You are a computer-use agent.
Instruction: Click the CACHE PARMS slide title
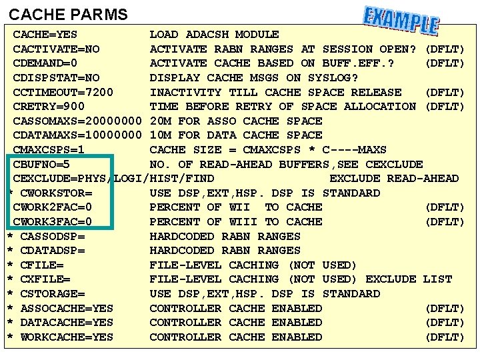click(x=68, y=14)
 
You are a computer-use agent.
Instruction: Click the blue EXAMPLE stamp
click(x=401, y=21)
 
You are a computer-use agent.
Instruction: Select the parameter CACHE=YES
click(x=45, y=34)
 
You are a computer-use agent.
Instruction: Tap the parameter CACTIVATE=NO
click(x=57, y=49)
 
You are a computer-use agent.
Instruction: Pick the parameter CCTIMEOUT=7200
click(x=63, y=92)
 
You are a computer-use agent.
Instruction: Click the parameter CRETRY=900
click(x=49, y=107)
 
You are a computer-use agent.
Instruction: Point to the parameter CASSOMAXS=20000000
click(x=78, y=121)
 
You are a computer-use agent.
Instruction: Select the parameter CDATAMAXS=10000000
click(x=78, y=135)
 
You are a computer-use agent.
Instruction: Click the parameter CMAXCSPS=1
click(x=49, y=150)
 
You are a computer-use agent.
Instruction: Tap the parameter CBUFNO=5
click(x=42, y=164)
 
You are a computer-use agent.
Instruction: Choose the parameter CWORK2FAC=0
click(x=53, y=207)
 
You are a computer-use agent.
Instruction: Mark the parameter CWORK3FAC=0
click(x=53, y=221)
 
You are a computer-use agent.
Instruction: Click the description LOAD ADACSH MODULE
click(x=214, y=34)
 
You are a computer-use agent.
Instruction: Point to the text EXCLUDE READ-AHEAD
click(x=394, y=179)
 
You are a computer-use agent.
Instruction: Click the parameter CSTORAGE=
click(x=53, y=294)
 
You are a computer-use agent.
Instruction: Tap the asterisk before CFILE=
click(x=10, y=266)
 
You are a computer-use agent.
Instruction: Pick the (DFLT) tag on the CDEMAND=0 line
click(x=445, y=63)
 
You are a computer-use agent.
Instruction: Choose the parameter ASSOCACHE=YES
click(x=67, y=309)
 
